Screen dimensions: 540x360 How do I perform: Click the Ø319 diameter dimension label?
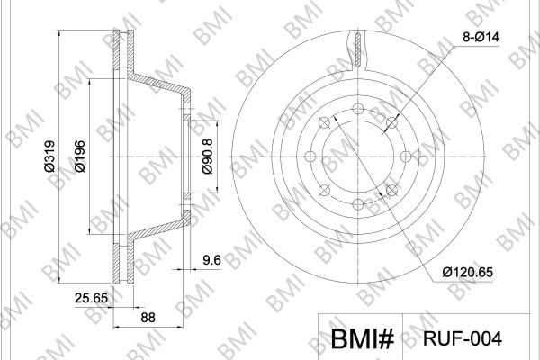pos(49,156)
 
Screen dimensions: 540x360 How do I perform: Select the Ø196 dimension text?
pos(80,156)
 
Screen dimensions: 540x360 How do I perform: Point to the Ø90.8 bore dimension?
pos(208,156)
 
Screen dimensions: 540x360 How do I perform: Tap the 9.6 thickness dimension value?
pos(211,260)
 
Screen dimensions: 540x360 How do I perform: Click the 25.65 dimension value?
pos(91,298)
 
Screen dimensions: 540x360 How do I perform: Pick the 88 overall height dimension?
pos(148,318)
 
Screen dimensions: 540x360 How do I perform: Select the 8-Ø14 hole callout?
pos(481,37)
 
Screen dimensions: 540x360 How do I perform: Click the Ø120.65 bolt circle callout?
pos(468,272)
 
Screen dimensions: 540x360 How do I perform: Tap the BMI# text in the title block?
pos(362,338)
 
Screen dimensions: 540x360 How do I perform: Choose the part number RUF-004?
pos(463,338)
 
